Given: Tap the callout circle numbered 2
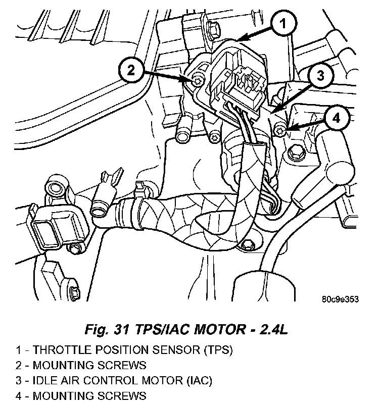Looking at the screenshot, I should [x=131, y=70].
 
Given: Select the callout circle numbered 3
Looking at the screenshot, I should [x=320, y=76].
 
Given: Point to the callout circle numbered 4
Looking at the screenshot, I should [x=337, y=119].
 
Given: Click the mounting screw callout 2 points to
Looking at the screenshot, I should [x=198, y=81].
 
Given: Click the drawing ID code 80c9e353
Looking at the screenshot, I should [x=340, y=299].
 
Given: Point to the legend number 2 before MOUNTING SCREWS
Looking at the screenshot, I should [x=18, y=365].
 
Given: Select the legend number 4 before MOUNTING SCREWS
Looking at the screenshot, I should [x=18, y=395].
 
